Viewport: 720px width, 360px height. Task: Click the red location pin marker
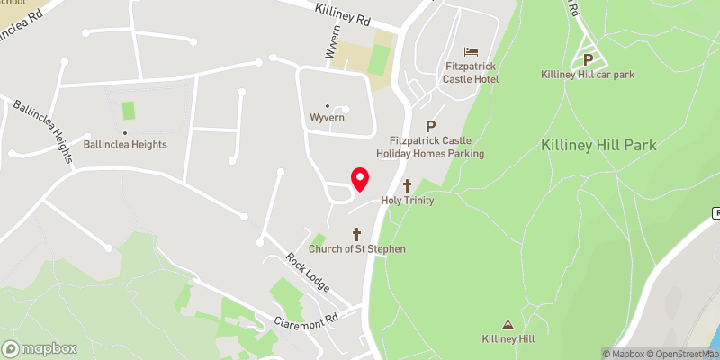359,179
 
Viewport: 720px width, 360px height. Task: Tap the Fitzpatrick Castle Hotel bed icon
471,51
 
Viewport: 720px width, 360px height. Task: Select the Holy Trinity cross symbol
407,185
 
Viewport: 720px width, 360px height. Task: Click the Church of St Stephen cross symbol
357,233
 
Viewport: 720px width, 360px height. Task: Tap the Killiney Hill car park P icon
588,58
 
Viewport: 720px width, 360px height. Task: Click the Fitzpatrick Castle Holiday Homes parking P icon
430,127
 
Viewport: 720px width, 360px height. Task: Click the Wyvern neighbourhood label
328,118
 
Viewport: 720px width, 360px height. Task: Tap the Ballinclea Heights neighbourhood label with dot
125,143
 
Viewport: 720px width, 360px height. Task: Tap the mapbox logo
40,348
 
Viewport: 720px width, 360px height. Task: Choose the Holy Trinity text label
408,201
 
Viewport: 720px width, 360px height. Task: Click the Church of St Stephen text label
357,249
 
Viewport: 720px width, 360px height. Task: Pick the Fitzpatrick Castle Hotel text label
471,73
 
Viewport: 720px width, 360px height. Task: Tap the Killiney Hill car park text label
588,75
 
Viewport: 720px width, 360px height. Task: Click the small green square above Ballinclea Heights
129,111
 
